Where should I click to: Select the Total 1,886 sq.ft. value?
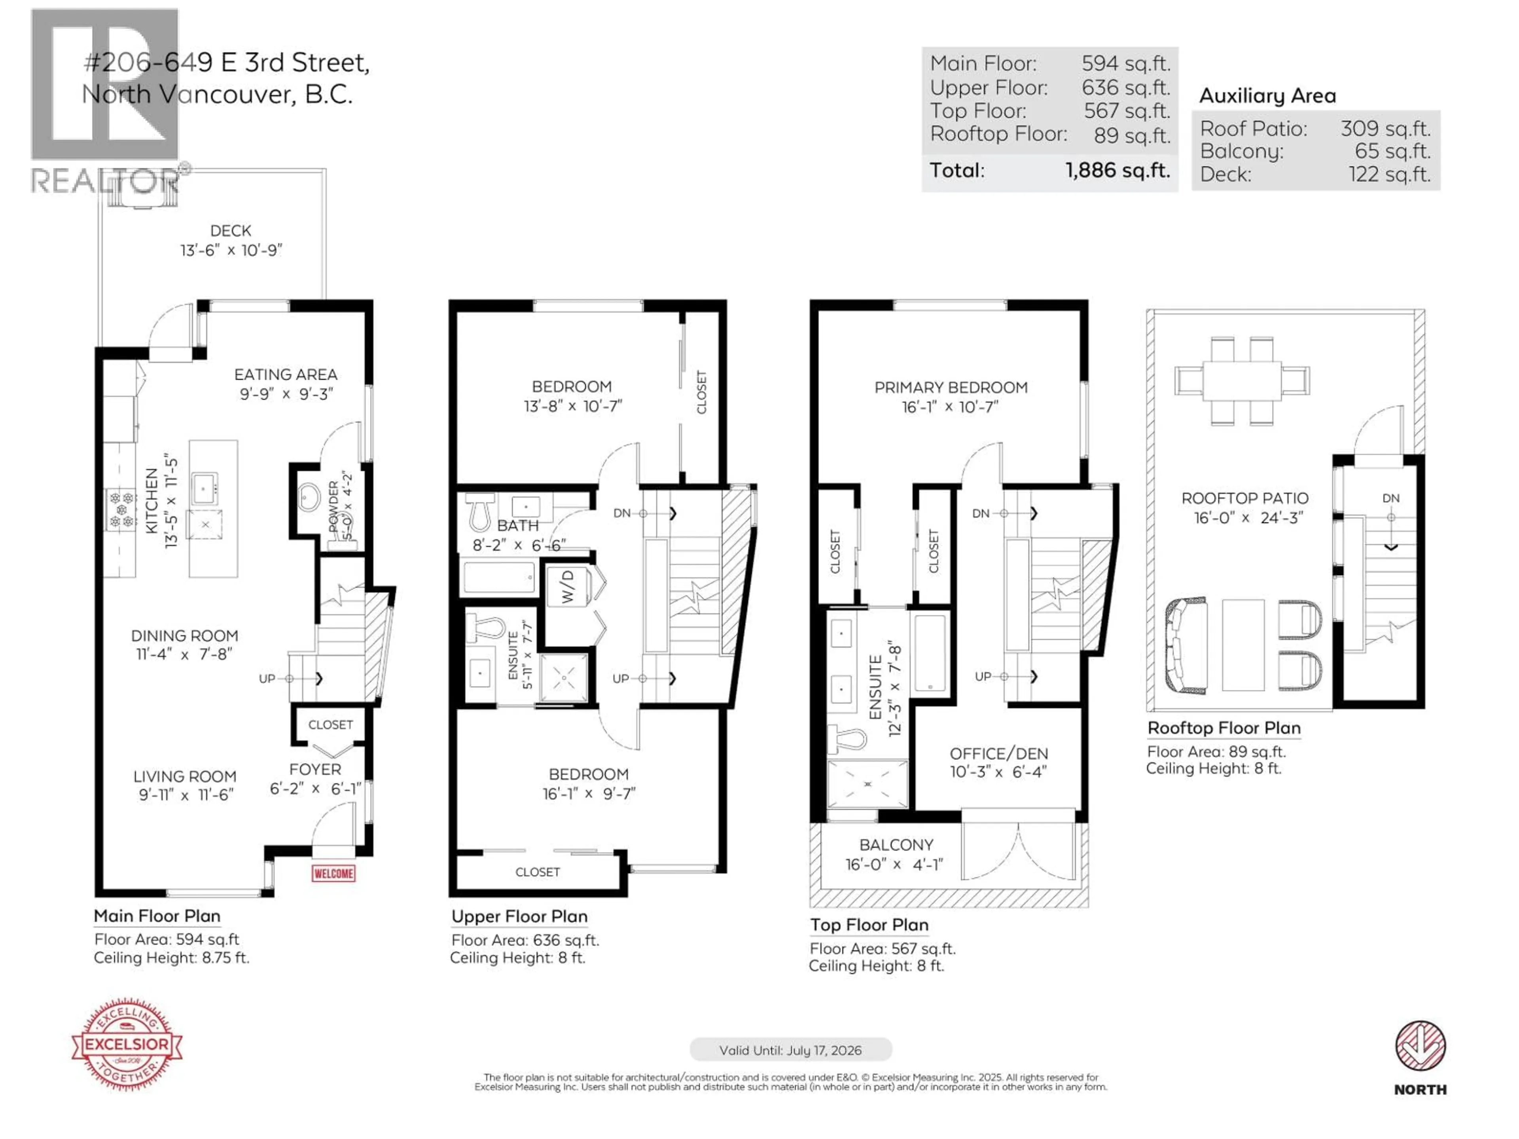[1117, 170]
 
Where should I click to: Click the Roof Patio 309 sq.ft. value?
[1385, 129]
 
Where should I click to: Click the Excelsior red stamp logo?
[127, 1044]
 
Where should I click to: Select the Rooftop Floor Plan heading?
[1224, 728]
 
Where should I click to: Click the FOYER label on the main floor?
[314, 770]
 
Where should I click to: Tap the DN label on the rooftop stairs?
[1390, 498]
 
